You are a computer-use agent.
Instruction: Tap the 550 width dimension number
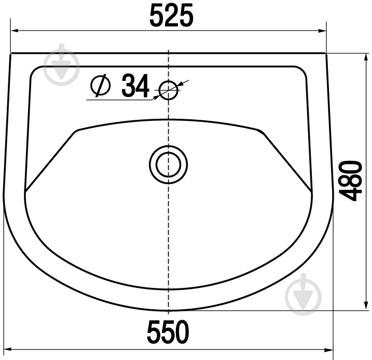168,331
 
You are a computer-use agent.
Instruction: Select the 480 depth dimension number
351,181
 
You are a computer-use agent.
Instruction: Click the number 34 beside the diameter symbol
135,86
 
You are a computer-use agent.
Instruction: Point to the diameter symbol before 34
101,86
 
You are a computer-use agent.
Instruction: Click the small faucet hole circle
169,90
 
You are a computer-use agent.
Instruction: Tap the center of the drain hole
169,164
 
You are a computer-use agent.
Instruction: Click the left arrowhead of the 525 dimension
15,31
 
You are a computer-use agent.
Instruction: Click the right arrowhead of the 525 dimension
322,31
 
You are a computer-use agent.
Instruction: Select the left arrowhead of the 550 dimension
8,350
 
